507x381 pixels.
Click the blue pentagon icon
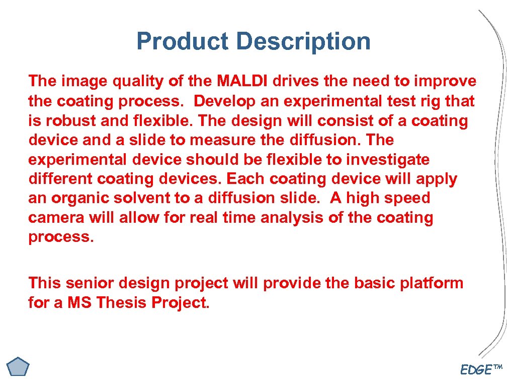click(x=19, y=366)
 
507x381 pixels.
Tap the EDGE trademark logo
click(x=481, y=369)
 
